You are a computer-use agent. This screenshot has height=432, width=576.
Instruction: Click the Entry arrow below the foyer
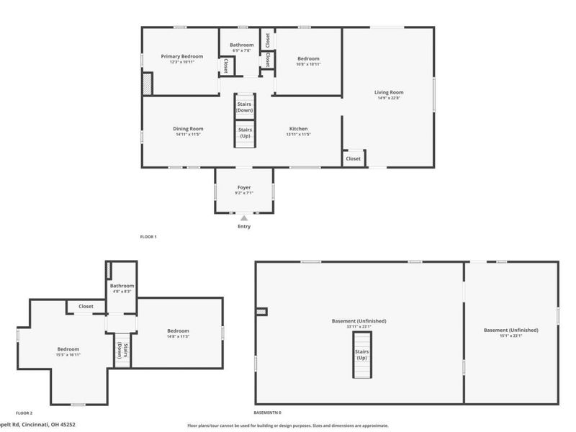click(x=244, y=217)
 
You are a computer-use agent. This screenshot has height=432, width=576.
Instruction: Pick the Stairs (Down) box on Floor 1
click(x=244, y=107)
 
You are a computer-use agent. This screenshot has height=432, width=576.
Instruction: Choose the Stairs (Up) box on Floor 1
click(x=244, y=132)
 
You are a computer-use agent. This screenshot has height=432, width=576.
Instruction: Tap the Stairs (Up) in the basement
click(x=361, y=354)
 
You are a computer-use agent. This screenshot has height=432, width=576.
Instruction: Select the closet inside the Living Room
click(x=354, y=158)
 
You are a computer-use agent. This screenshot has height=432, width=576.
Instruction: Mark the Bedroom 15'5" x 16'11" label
click(x=68, y=351)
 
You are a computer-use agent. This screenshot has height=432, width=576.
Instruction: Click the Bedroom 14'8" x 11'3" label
click(x=177, y=333)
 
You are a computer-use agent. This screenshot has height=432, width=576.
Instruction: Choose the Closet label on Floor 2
click(x=86, y=306)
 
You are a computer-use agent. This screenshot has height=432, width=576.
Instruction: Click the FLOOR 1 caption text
click(x=148, y=236)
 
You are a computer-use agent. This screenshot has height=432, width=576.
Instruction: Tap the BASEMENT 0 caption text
click(x=268, y=413)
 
